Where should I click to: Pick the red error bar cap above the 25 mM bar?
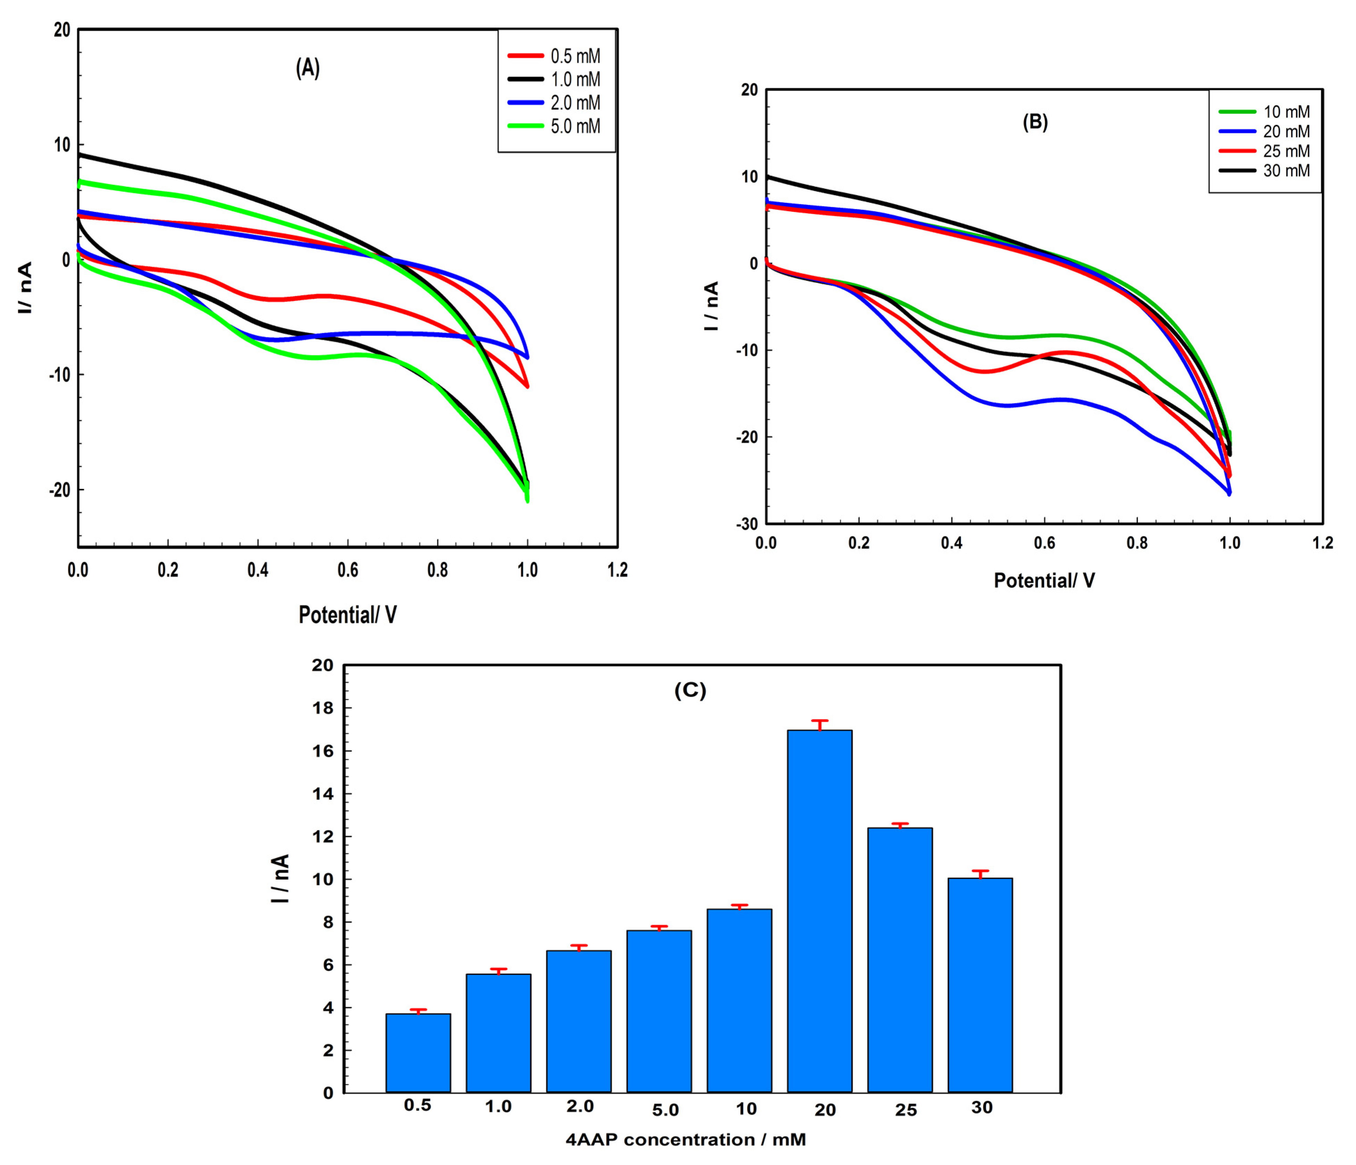click(x=900, y=823)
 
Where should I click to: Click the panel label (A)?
click(x=308, y=68)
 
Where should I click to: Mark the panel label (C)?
click(x=690, y=691)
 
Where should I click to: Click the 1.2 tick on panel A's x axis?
click(x=617, y=570)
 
